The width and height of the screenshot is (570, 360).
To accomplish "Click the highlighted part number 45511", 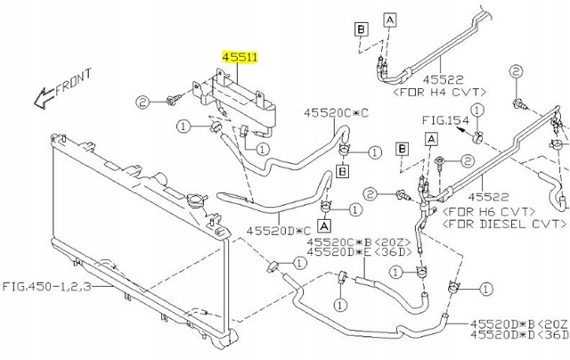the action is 240,57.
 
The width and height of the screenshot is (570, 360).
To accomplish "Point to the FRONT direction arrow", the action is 44,97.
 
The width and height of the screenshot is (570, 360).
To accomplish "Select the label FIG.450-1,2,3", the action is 47,287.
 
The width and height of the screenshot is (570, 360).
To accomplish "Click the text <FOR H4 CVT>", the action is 439,92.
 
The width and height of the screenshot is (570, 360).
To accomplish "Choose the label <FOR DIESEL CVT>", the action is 504,224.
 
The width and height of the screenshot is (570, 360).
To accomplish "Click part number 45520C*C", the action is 337,113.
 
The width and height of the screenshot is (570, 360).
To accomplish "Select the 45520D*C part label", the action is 279,231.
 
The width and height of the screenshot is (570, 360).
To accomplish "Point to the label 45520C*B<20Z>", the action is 359,242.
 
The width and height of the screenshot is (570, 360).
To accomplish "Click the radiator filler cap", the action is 197,200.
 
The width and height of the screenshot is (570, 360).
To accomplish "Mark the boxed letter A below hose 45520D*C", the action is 324,225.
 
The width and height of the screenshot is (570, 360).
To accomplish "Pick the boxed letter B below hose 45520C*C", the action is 342,171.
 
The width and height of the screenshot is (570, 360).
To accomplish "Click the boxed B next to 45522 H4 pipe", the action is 362,29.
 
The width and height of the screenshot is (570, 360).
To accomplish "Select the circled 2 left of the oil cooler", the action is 142,102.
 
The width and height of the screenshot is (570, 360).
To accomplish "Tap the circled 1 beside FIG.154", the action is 477,110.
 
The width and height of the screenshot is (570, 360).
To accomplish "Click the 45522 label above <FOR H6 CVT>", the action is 488,197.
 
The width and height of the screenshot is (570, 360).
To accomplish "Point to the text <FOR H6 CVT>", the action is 489,211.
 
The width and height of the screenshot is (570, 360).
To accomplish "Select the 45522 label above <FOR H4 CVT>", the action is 444,79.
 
